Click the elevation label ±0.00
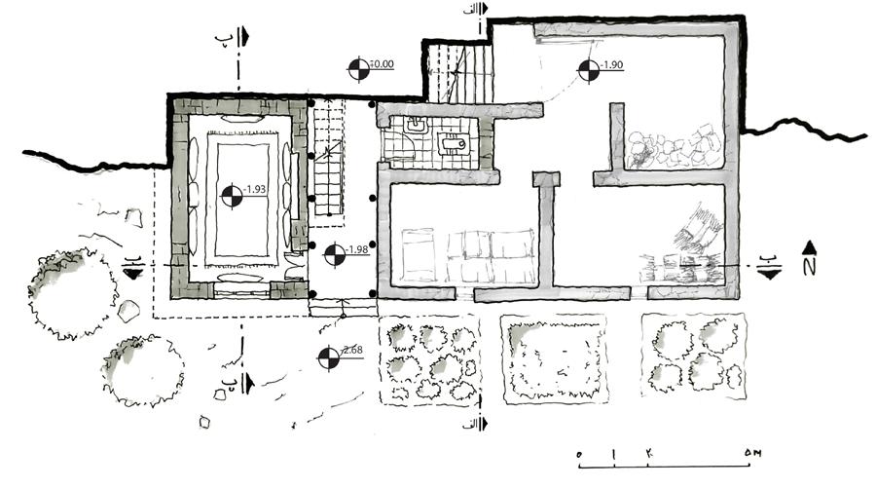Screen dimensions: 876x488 382,65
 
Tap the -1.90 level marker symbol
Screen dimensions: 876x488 587,69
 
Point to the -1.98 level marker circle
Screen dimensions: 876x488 333,254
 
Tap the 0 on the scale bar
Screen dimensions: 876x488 580,455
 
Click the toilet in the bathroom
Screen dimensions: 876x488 416,127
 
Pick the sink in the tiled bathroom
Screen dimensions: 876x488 454,145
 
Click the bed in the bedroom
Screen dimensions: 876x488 421,255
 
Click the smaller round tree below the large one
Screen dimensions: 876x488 142,370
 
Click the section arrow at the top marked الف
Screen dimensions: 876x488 484,21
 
